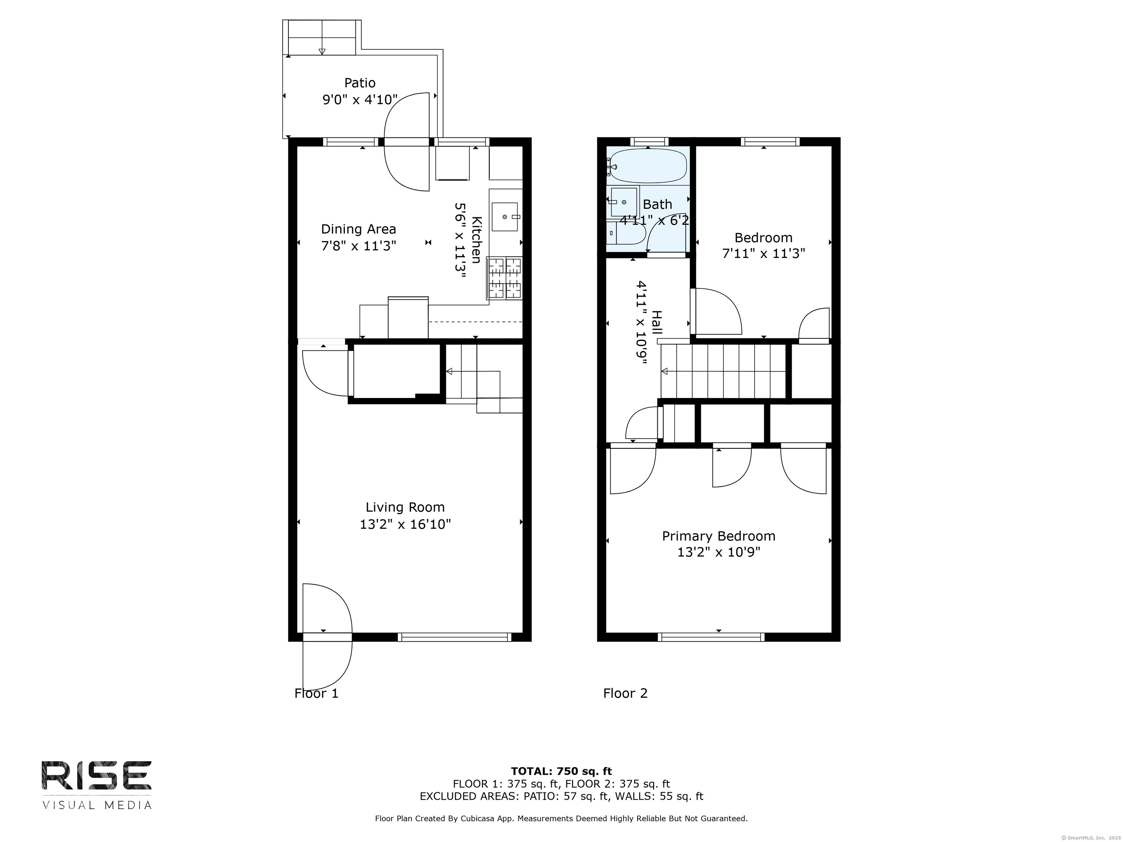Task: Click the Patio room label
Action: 360,83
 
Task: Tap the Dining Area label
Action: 358,230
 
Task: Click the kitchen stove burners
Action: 504,278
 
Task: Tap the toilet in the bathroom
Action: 625,233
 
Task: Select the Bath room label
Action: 657,205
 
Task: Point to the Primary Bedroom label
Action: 718,536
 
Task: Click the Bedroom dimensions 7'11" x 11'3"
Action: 764,253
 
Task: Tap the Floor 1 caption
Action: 316,693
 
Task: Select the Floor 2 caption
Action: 625,693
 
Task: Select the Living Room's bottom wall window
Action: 455,637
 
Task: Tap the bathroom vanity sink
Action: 623,202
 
